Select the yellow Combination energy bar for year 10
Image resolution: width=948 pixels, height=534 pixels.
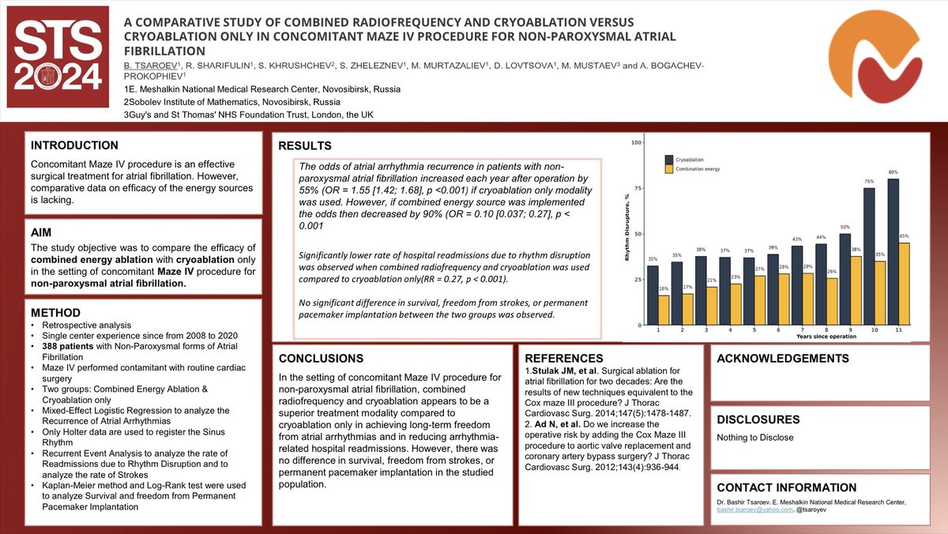click(x=880, y=293)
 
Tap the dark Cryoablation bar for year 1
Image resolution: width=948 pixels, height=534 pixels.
click(x=653, y=295)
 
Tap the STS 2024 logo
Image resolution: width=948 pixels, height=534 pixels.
click(x=55, y=57)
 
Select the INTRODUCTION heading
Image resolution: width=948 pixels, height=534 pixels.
click(x=74, y=145)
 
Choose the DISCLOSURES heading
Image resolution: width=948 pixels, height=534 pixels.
click(x=758, y=419)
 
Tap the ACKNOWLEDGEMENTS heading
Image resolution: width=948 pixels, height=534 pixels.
click(x=783, y=359)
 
